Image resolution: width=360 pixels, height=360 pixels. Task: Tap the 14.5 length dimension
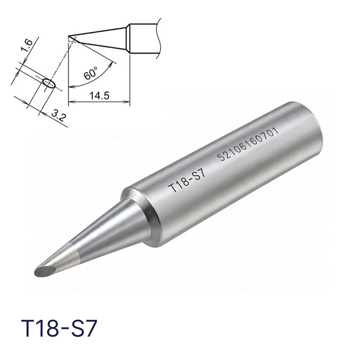coord(99,95)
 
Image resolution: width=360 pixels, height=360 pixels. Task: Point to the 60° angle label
coord(90,73)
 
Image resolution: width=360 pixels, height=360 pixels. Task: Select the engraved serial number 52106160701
coord(248,144)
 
